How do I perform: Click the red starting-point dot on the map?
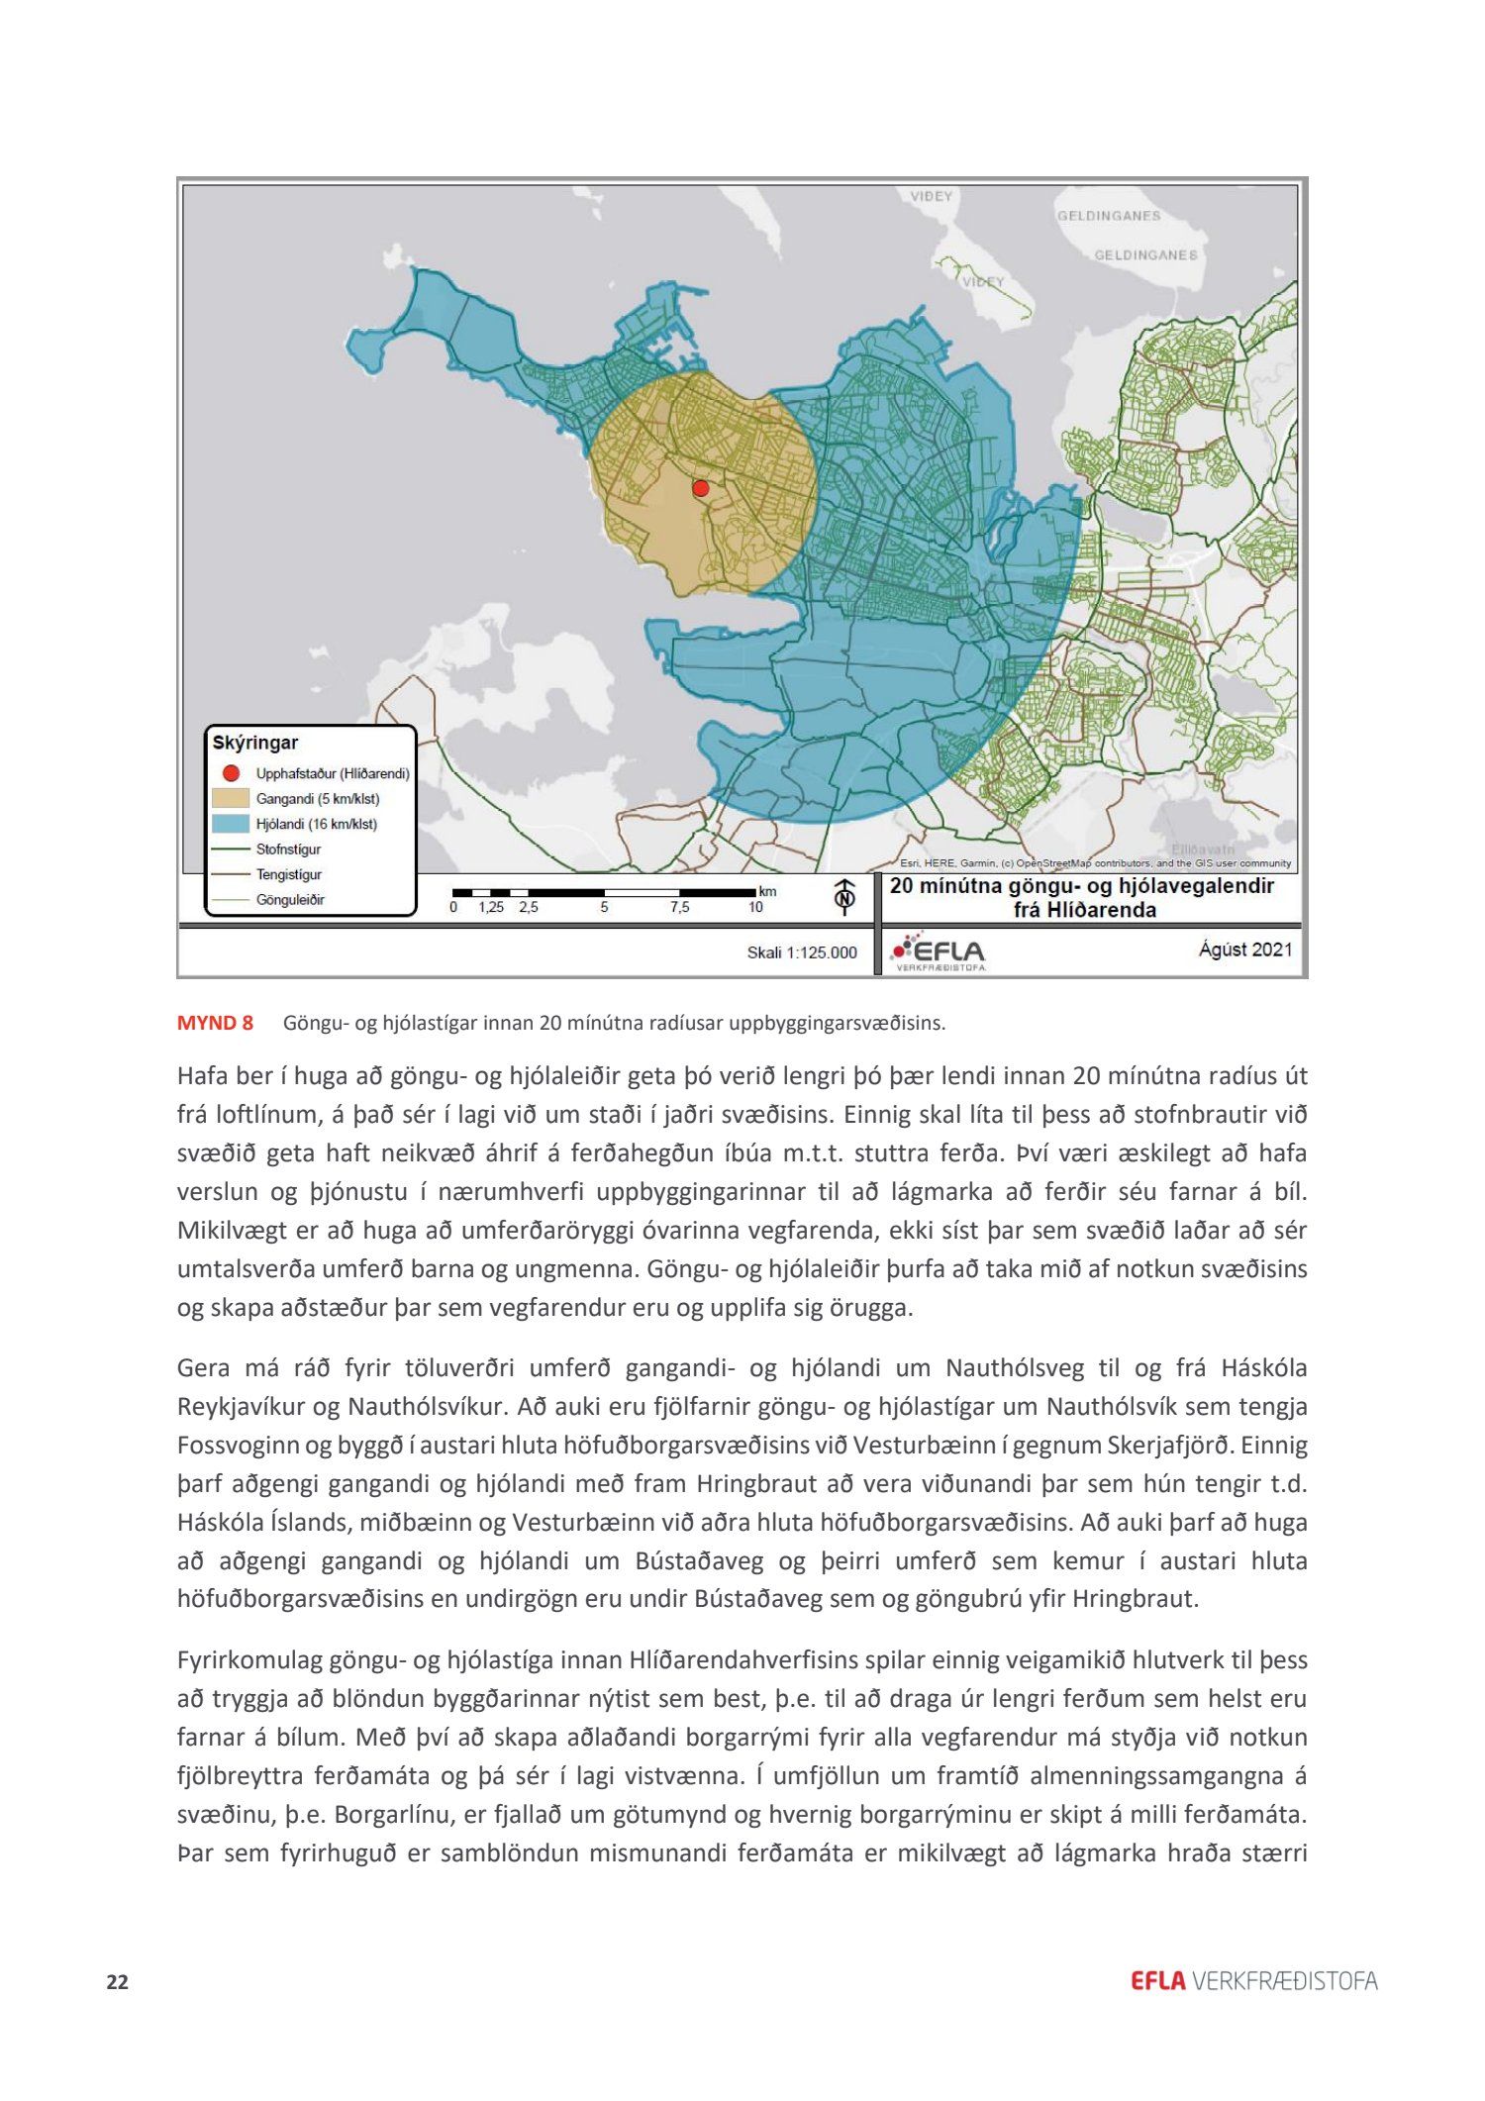click(x=701, y=488)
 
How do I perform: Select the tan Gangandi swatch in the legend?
click(x=231, y=798)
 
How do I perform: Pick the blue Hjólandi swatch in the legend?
click(x=231, y=824)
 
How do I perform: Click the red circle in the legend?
click(x=231, y=773)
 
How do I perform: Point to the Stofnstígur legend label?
click(x=288, y=850)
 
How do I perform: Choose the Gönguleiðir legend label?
click(x=290, y=900)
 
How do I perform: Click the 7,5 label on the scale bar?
click(x=679, y=907)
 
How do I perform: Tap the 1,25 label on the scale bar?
click(x=491, y=907)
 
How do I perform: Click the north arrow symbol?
click(x=844, y=894)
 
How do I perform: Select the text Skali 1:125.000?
click(x=802, y=952)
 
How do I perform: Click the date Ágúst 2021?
click(x=1245, y=950)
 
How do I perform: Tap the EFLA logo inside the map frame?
click(x=938, y=951)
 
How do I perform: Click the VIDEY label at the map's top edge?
click(x=932, y=196)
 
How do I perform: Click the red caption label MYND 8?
click(x=215, y=1023)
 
